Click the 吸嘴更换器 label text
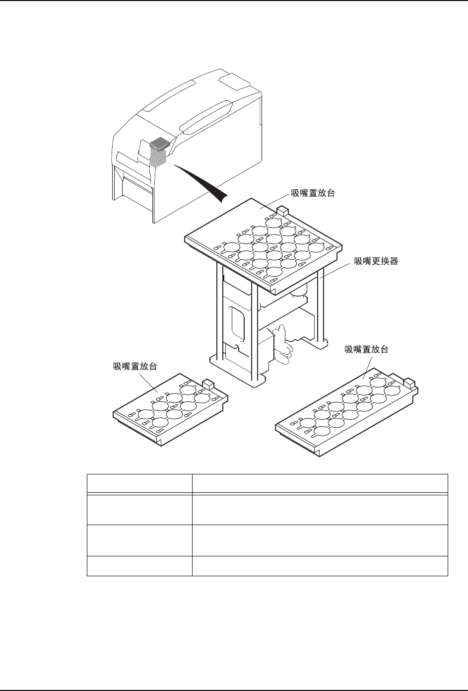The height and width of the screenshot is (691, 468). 376,261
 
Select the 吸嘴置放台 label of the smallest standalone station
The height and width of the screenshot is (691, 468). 135,367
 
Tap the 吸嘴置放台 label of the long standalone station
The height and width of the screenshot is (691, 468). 366,350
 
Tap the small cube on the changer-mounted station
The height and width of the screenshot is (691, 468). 282,211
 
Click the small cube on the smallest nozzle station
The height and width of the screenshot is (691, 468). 208,384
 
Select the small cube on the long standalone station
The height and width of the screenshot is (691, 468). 409,383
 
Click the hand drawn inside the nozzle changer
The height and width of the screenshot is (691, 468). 283,345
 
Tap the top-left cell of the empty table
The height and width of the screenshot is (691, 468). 139,483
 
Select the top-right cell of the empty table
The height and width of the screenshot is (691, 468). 320,483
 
